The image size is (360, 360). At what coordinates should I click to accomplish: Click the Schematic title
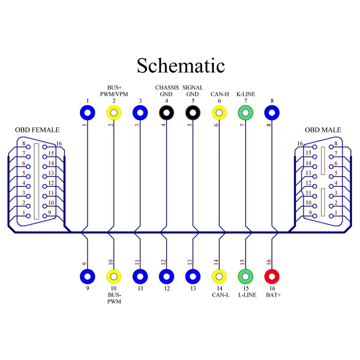click(180, 65)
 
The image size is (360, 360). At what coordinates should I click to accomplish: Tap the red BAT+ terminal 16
click(272, 275)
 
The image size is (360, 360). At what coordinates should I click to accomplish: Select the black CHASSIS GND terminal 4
click(166, 112)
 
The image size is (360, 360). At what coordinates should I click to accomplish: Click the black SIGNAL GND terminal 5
click(193, 112)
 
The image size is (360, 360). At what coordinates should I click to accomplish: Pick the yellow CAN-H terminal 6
click(219, 112)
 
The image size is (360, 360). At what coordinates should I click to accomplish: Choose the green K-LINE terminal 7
click(246, 112)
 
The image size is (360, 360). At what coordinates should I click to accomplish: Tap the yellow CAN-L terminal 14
click(219, 275)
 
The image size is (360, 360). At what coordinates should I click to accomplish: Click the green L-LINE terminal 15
click(246, 275)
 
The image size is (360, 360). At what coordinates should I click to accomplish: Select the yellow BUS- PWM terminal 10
click(114, 275)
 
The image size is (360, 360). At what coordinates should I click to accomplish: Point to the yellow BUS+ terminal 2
click(114, 112)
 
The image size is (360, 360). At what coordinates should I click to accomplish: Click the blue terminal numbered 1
click(87, 112)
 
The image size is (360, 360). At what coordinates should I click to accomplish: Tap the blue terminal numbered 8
click(272, 112)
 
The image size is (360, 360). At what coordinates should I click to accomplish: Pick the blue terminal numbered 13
click(193, 275)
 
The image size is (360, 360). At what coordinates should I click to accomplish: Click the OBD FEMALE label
click(37, 130)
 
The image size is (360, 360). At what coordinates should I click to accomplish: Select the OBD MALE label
click(323, 130)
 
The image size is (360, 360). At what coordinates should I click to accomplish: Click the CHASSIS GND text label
click(167, 90)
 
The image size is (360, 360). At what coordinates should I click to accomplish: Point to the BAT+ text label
click(272, 295)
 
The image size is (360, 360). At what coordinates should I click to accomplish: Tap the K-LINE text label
click(246, 94)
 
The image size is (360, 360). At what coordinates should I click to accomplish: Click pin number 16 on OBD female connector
click(58, 144)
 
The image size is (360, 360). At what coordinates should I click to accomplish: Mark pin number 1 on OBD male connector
click(335, 213)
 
